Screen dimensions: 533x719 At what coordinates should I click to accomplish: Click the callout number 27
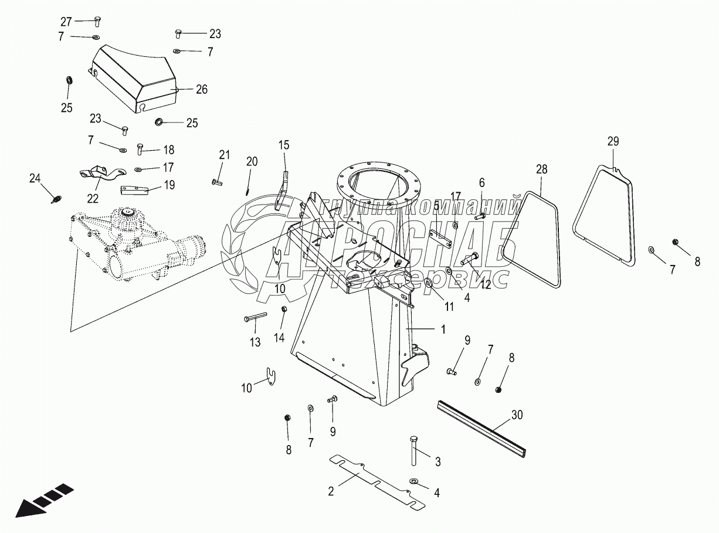point(66,22)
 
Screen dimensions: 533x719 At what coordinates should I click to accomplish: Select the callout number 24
point(35,178)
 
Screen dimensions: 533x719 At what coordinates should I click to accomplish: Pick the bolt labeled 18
point(140,149)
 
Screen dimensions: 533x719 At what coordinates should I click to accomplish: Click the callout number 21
point(224,155)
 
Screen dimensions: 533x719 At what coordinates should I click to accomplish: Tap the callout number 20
point(252,161)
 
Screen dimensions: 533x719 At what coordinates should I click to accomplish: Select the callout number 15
point(284,144)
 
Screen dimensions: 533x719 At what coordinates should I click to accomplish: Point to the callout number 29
point(613,141)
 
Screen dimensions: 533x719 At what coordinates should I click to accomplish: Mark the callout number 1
point(443,330)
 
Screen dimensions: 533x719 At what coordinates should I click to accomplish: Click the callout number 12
point(486,284)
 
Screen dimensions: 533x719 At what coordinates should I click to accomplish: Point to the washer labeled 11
point(428,284)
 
